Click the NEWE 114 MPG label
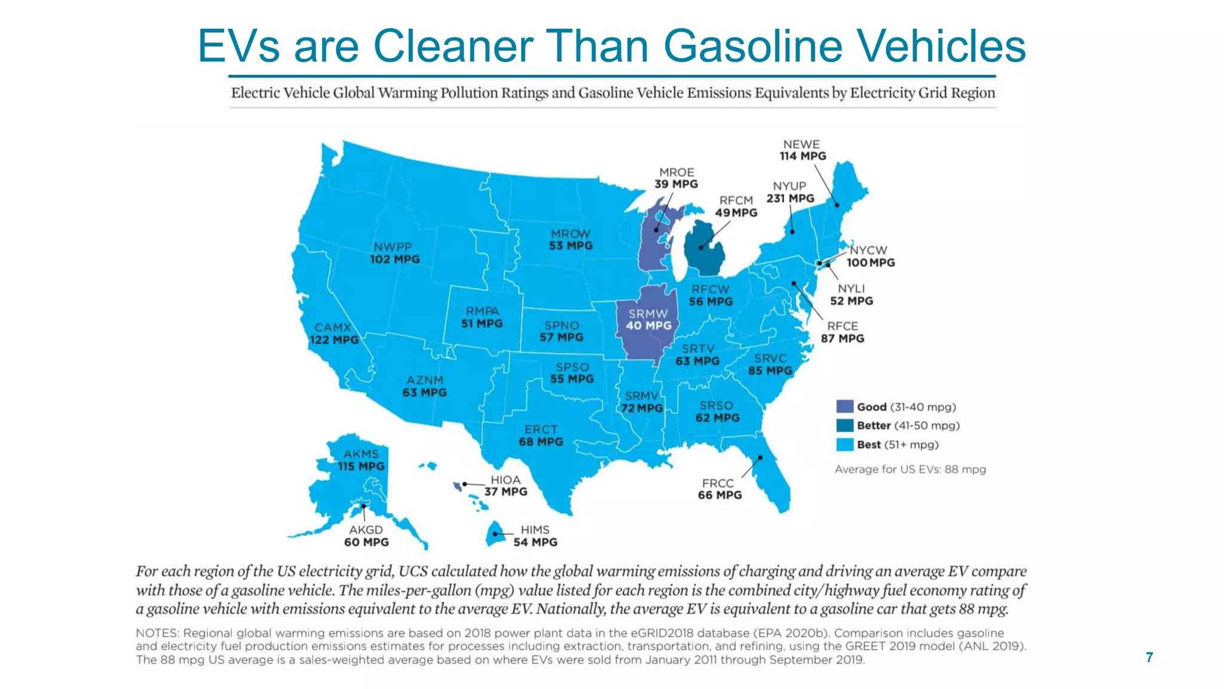tap(802, 150)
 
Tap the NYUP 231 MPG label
tap(790, 192)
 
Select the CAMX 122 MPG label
tap(333, 334)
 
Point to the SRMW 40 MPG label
tap(648, 319)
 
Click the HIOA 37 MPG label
tap(506, 486)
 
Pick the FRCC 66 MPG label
tap(719, 489)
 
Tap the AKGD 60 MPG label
tap(366, 536)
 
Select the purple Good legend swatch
tap(844, 407)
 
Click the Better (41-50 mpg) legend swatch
tap(844, 425)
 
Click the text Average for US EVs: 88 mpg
tap(910, 470)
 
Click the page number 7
tap(1149, 657)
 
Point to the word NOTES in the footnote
tap(157, 633)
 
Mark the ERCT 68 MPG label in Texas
tap(541, 435)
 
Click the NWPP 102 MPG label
tap(394, 253)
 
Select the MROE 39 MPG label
tap(676, 178)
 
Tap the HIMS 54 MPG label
tap(535, 536)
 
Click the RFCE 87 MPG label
tap(842, 332)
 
